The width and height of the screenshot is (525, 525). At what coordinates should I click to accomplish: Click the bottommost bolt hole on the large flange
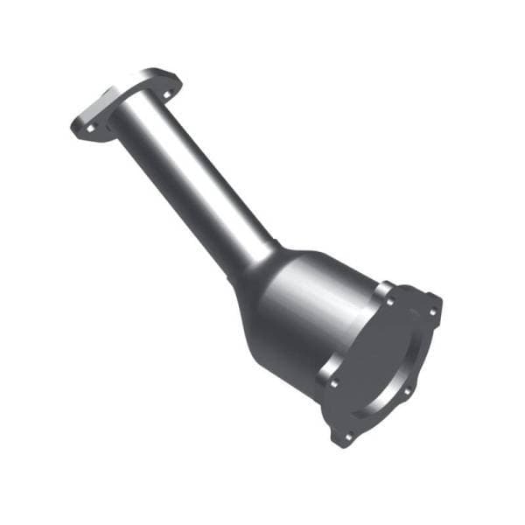click(x=349, y=435)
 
